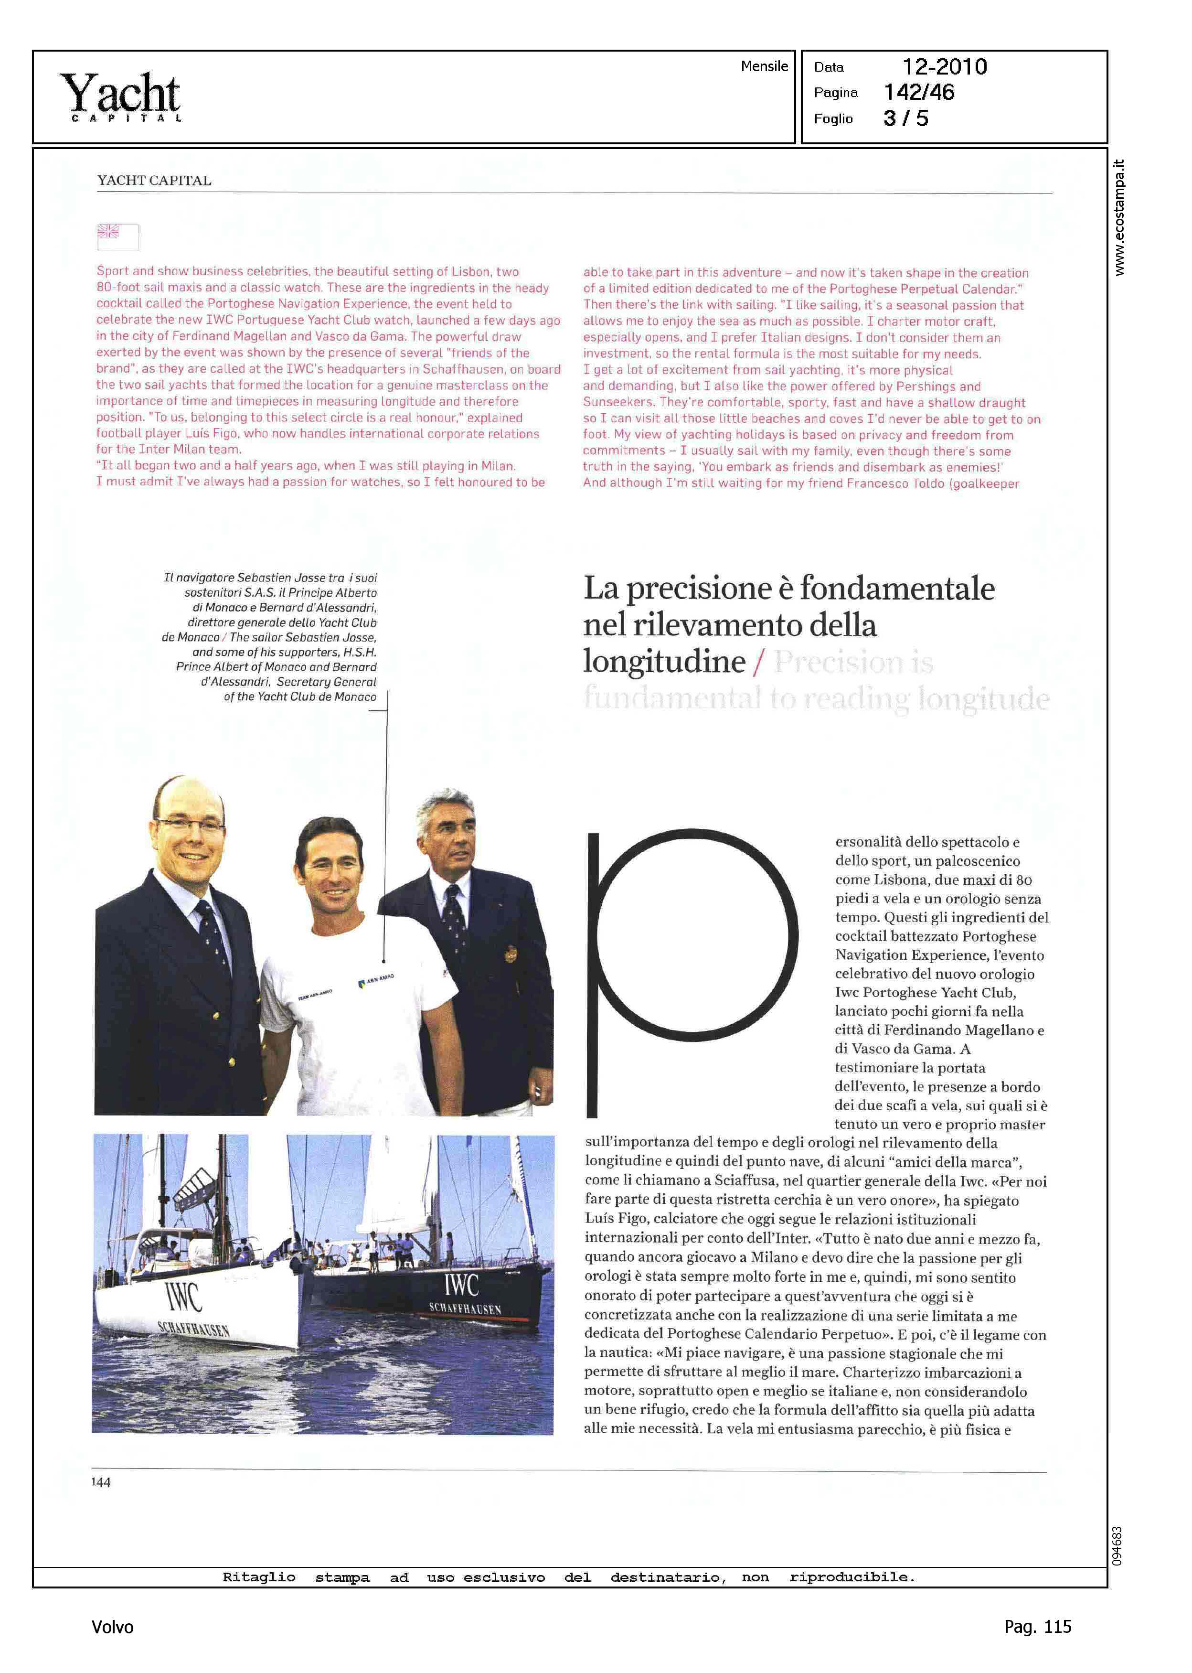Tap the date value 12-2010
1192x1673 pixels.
(944, 67)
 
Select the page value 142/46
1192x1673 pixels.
(919, 93)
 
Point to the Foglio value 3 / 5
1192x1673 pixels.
(906, 118)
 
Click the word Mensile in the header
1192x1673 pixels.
(764, 66)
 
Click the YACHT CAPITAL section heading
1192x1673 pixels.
(154, 181)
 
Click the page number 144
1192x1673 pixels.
(101, 1481)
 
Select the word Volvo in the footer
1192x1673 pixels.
(112, 1627)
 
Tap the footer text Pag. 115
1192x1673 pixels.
(1037, 1627)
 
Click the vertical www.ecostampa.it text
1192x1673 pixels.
(1118, 217)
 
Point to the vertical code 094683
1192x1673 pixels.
(1117, 1546)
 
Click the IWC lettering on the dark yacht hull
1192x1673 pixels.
(461, 1285)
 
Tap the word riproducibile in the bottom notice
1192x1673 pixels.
(851, 1577)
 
